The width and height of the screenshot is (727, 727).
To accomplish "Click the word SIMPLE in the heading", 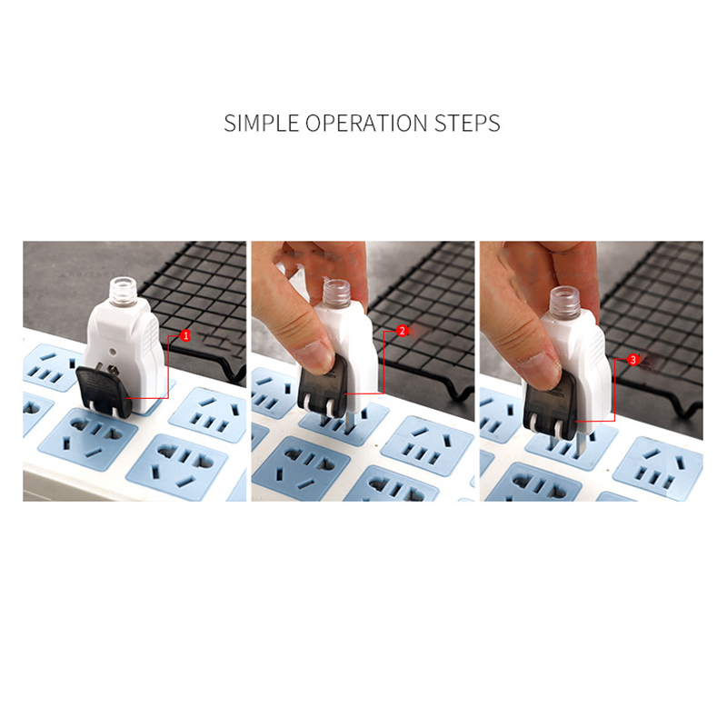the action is tap(261, 124).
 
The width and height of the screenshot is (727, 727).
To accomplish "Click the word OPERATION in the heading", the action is tap(366, 124).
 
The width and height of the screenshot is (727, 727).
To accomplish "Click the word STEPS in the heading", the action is tap(467, 124).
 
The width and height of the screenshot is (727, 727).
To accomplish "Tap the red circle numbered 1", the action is tap(185, 335).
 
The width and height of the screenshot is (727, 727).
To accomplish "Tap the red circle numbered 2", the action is tap(402, 331).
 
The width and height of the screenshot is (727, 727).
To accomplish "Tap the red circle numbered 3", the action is tap(632, 359).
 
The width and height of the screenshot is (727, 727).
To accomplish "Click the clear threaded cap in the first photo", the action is tap(124, 291).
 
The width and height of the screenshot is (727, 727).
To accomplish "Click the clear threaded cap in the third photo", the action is tap(564, 300).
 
